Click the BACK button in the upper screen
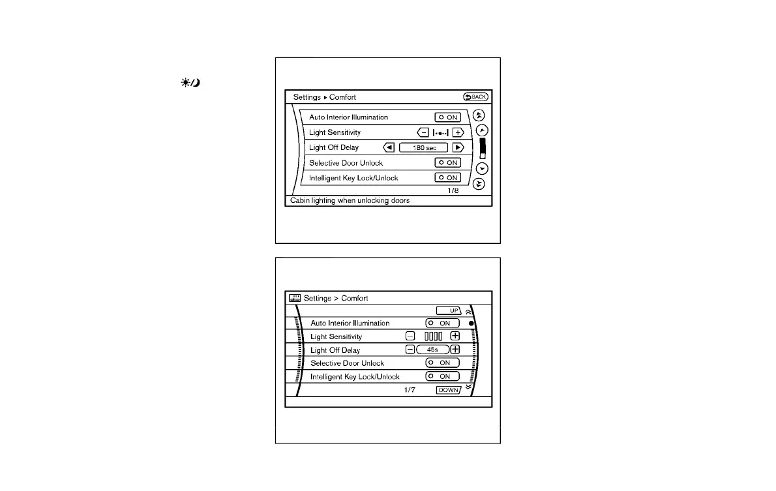point(475,97)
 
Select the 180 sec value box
point(423,147)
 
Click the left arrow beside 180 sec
point(389,147)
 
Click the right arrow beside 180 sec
point(458,147)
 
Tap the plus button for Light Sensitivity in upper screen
point(458,132)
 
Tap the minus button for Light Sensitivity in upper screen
point(423,132)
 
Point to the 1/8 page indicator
point(453,190)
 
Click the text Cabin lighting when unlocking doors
point(350,200)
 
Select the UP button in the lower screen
point(449,310)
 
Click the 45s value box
point(433,350)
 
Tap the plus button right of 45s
point(455,350)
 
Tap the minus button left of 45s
point(410,350)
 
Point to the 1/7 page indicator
point(410,390)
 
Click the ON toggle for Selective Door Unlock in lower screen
point(442,363)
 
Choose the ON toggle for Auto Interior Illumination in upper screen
point(448,117)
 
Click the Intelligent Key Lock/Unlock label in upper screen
point(353,177)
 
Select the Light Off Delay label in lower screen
point(335,350)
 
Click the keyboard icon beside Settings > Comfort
point(295,298)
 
